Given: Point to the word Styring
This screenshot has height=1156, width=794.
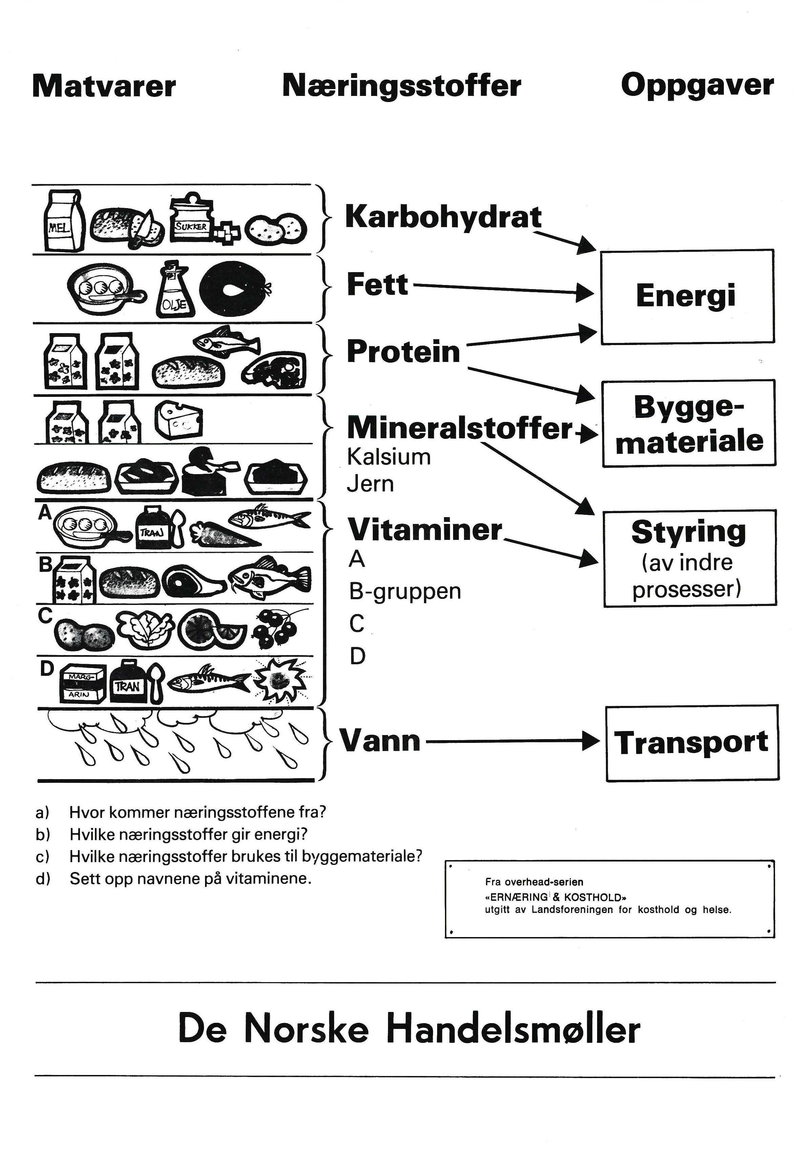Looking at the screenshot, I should point(689,532).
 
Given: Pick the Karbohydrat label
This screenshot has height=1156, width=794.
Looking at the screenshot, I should point(443,217).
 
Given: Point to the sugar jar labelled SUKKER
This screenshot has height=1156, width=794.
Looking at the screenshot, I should point(190,219).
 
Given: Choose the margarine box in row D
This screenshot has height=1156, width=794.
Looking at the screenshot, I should point(82,684).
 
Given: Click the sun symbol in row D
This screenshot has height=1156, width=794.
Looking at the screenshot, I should point(279,679).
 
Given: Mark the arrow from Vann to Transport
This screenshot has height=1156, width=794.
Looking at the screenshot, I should point(512,742).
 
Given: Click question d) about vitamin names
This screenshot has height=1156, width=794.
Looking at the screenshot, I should point(190,878).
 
